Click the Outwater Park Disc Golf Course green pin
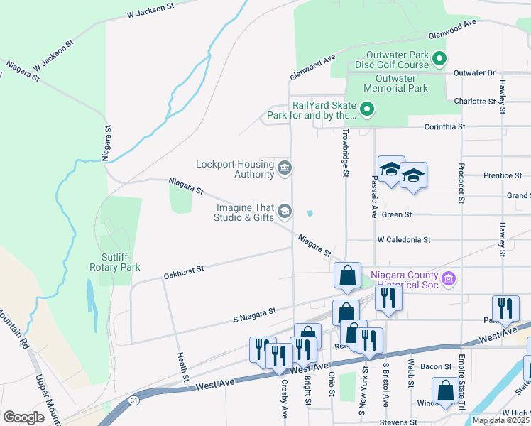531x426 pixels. pos(439,59)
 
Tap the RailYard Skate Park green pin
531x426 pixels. pos(366,109)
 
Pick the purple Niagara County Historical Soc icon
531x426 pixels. pos(448,279)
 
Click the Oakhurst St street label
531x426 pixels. pos(183,269)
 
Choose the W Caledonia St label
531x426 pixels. pos(404,240)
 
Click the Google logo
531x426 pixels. pos(23,417)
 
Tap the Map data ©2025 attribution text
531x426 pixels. pos(500,420)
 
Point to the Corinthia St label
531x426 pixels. pos(444,126)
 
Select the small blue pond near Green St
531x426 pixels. pos(310,213)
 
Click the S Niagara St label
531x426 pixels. pos(254,312)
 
